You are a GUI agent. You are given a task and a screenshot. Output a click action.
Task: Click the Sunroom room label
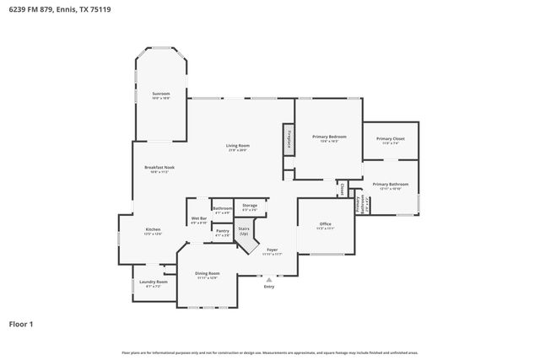tap(160, 94)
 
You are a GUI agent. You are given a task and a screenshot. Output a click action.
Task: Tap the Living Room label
tap(237, 147)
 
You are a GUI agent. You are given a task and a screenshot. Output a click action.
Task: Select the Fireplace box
tap(288, 137)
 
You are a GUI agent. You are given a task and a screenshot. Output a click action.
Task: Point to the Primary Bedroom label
tap(329, 138)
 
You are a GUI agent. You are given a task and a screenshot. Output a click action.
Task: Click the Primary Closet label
tap(390, 140)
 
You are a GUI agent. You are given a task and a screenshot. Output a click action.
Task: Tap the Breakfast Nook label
tap(162, 169)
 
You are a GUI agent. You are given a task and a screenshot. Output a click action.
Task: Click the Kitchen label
tap(153, 230)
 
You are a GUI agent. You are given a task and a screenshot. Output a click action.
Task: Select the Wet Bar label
tap(198, 220)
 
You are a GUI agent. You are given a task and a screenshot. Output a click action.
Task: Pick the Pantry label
tap(222, 232)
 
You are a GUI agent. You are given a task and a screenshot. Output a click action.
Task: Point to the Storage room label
tap(250, 207)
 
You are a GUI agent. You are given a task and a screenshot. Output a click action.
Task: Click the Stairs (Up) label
tap(245, 230)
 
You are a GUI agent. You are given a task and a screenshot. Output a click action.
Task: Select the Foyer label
tap(272, 250)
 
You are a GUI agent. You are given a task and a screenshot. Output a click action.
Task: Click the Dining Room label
tap(208, 275)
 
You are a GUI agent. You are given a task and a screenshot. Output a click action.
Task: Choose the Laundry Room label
tap(154, 283)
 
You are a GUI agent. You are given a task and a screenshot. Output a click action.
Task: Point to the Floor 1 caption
tap(21, 324)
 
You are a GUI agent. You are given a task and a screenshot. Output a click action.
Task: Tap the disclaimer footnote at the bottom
tap(269, 352)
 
